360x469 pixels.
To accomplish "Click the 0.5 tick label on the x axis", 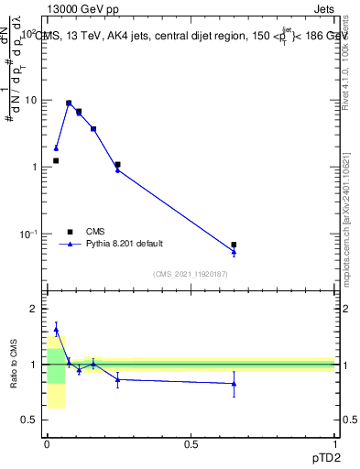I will click(191, 444).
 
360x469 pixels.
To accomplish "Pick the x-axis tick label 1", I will click(335, 444).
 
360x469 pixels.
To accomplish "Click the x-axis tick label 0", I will click(47, 444).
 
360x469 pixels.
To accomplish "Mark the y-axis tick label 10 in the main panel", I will click(31, 100).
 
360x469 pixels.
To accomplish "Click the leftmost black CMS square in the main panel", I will click(56, 160).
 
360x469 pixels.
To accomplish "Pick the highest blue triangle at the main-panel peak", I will click(69, 103).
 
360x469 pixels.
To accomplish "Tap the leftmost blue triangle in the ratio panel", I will click(56, 330).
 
